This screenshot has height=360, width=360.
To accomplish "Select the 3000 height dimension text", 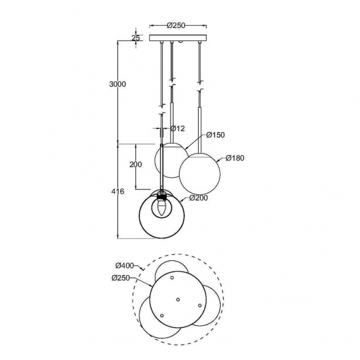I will click(x=117, y=84).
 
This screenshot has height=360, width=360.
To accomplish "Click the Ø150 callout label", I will click(x=216, y=134).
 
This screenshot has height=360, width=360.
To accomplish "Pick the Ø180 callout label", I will click(x=235, y=158).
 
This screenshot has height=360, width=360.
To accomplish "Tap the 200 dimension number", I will click(x=136, y=165).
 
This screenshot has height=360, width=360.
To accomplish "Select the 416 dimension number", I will click(x=118, y=191).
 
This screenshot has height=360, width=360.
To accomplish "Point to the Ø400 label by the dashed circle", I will click(x=125, y=266).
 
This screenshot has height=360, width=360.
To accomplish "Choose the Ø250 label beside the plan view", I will click(x=122, y=278).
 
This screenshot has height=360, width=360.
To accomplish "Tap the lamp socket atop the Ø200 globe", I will click(x=161, y=196).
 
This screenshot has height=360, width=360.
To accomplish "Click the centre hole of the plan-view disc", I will click(x=178, y=299).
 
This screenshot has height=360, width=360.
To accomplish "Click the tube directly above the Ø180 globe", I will click(x=200, y=128).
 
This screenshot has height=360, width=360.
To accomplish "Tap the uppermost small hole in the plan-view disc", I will click(x=172, y=278).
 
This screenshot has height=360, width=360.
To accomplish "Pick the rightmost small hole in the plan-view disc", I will click(x=199, y=306).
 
